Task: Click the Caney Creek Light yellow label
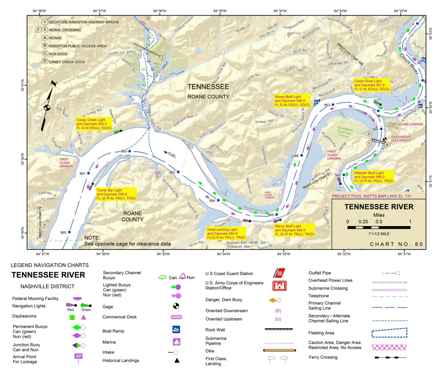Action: [94, 124]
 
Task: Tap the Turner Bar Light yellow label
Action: [116, 194]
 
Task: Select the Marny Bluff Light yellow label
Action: [294, 230]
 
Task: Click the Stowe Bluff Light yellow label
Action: [292, 101]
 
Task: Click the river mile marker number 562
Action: [124, 151]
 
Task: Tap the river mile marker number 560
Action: [63, 232]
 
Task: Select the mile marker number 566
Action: [295, 156]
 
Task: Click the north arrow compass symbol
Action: [47, 107]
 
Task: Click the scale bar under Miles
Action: [379, 227]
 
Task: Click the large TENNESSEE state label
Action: [208, 87]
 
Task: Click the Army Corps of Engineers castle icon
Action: [279, 286]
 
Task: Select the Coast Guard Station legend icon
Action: [279, 273]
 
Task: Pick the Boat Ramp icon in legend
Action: [176, 329]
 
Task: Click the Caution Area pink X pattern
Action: [389, 347]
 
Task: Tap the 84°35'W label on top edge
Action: [220, 11]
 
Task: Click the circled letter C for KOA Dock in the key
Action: [45, 54]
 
